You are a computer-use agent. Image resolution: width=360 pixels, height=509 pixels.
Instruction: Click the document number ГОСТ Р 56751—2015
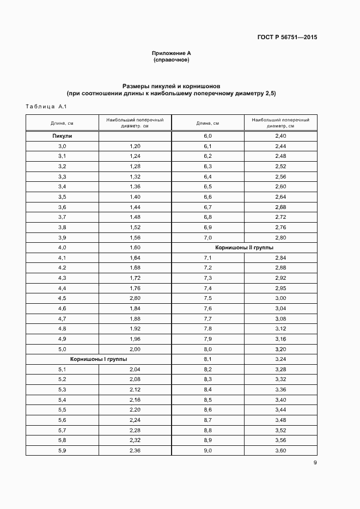(x=288, y=38)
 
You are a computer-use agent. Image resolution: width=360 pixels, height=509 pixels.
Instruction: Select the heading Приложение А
(x=171, y=53)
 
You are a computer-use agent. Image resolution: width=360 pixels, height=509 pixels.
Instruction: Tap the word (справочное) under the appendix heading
(x=171, y=59)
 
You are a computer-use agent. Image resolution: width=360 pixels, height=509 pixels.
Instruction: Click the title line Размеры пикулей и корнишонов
(x=171, y=86)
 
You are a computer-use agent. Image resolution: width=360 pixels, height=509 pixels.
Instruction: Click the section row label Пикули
(x=62, y=136)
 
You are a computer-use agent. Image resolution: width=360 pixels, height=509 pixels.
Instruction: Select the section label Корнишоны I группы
(x=98, y=359)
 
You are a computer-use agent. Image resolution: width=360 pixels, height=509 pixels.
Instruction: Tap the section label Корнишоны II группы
(x=244, y=247)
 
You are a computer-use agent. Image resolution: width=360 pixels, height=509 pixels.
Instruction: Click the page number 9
(x=315, y=463)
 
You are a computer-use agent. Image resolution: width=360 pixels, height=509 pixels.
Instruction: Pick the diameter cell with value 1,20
(x=135, y=146)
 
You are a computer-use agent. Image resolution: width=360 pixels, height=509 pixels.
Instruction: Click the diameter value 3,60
(x=280, y=450)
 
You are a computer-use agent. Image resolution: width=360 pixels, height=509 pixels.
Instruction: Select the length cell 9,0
(x=208, y=450)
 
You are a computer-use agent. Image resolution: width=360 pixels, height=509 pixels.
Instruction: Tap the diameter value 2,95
(x=280, y=288)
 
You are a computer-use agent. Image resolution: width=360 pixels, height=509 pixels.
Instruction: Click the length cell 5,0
(x=62, y=349)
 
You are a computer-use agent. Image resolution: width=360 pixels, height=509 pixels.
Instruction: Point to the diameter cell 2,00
(x=135, y=349)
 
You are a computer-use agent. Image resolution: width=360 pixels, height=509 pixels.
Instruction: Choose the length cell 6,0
(x=208, y=136)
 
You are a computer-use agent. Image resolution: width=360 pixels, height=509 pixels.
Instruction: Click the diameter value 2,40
(x=280, y=136)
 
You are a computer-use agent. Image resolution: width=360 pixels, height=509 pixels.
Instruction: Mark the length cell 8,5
(x=208, y=400)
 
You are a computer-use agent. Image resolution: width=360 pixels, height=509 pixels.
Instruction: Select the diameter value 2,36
(x=135, y=450)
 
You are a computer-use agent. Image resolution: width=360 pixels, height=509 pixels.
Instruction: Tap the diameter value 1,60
(x=135, y=247)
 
